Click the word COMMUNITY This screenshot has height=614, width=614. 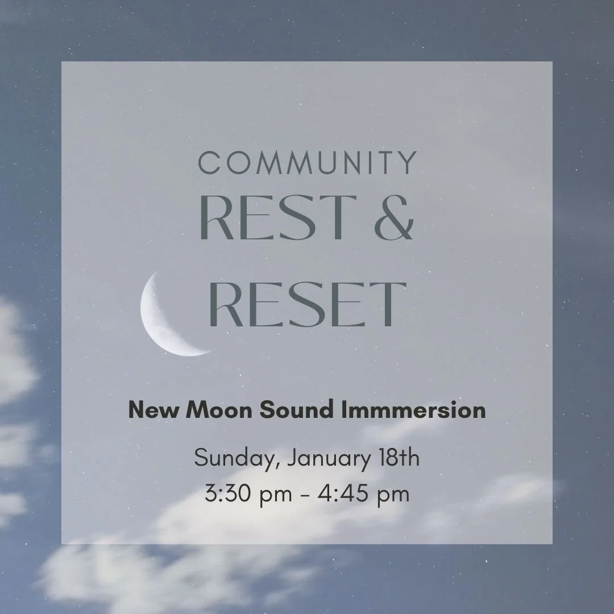click(x=307, y=163)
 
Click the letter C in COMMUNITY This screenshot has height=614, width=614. click(x=209, y=163)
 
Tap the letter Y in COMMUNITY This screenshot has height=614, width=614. click(x=407, y=163)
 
